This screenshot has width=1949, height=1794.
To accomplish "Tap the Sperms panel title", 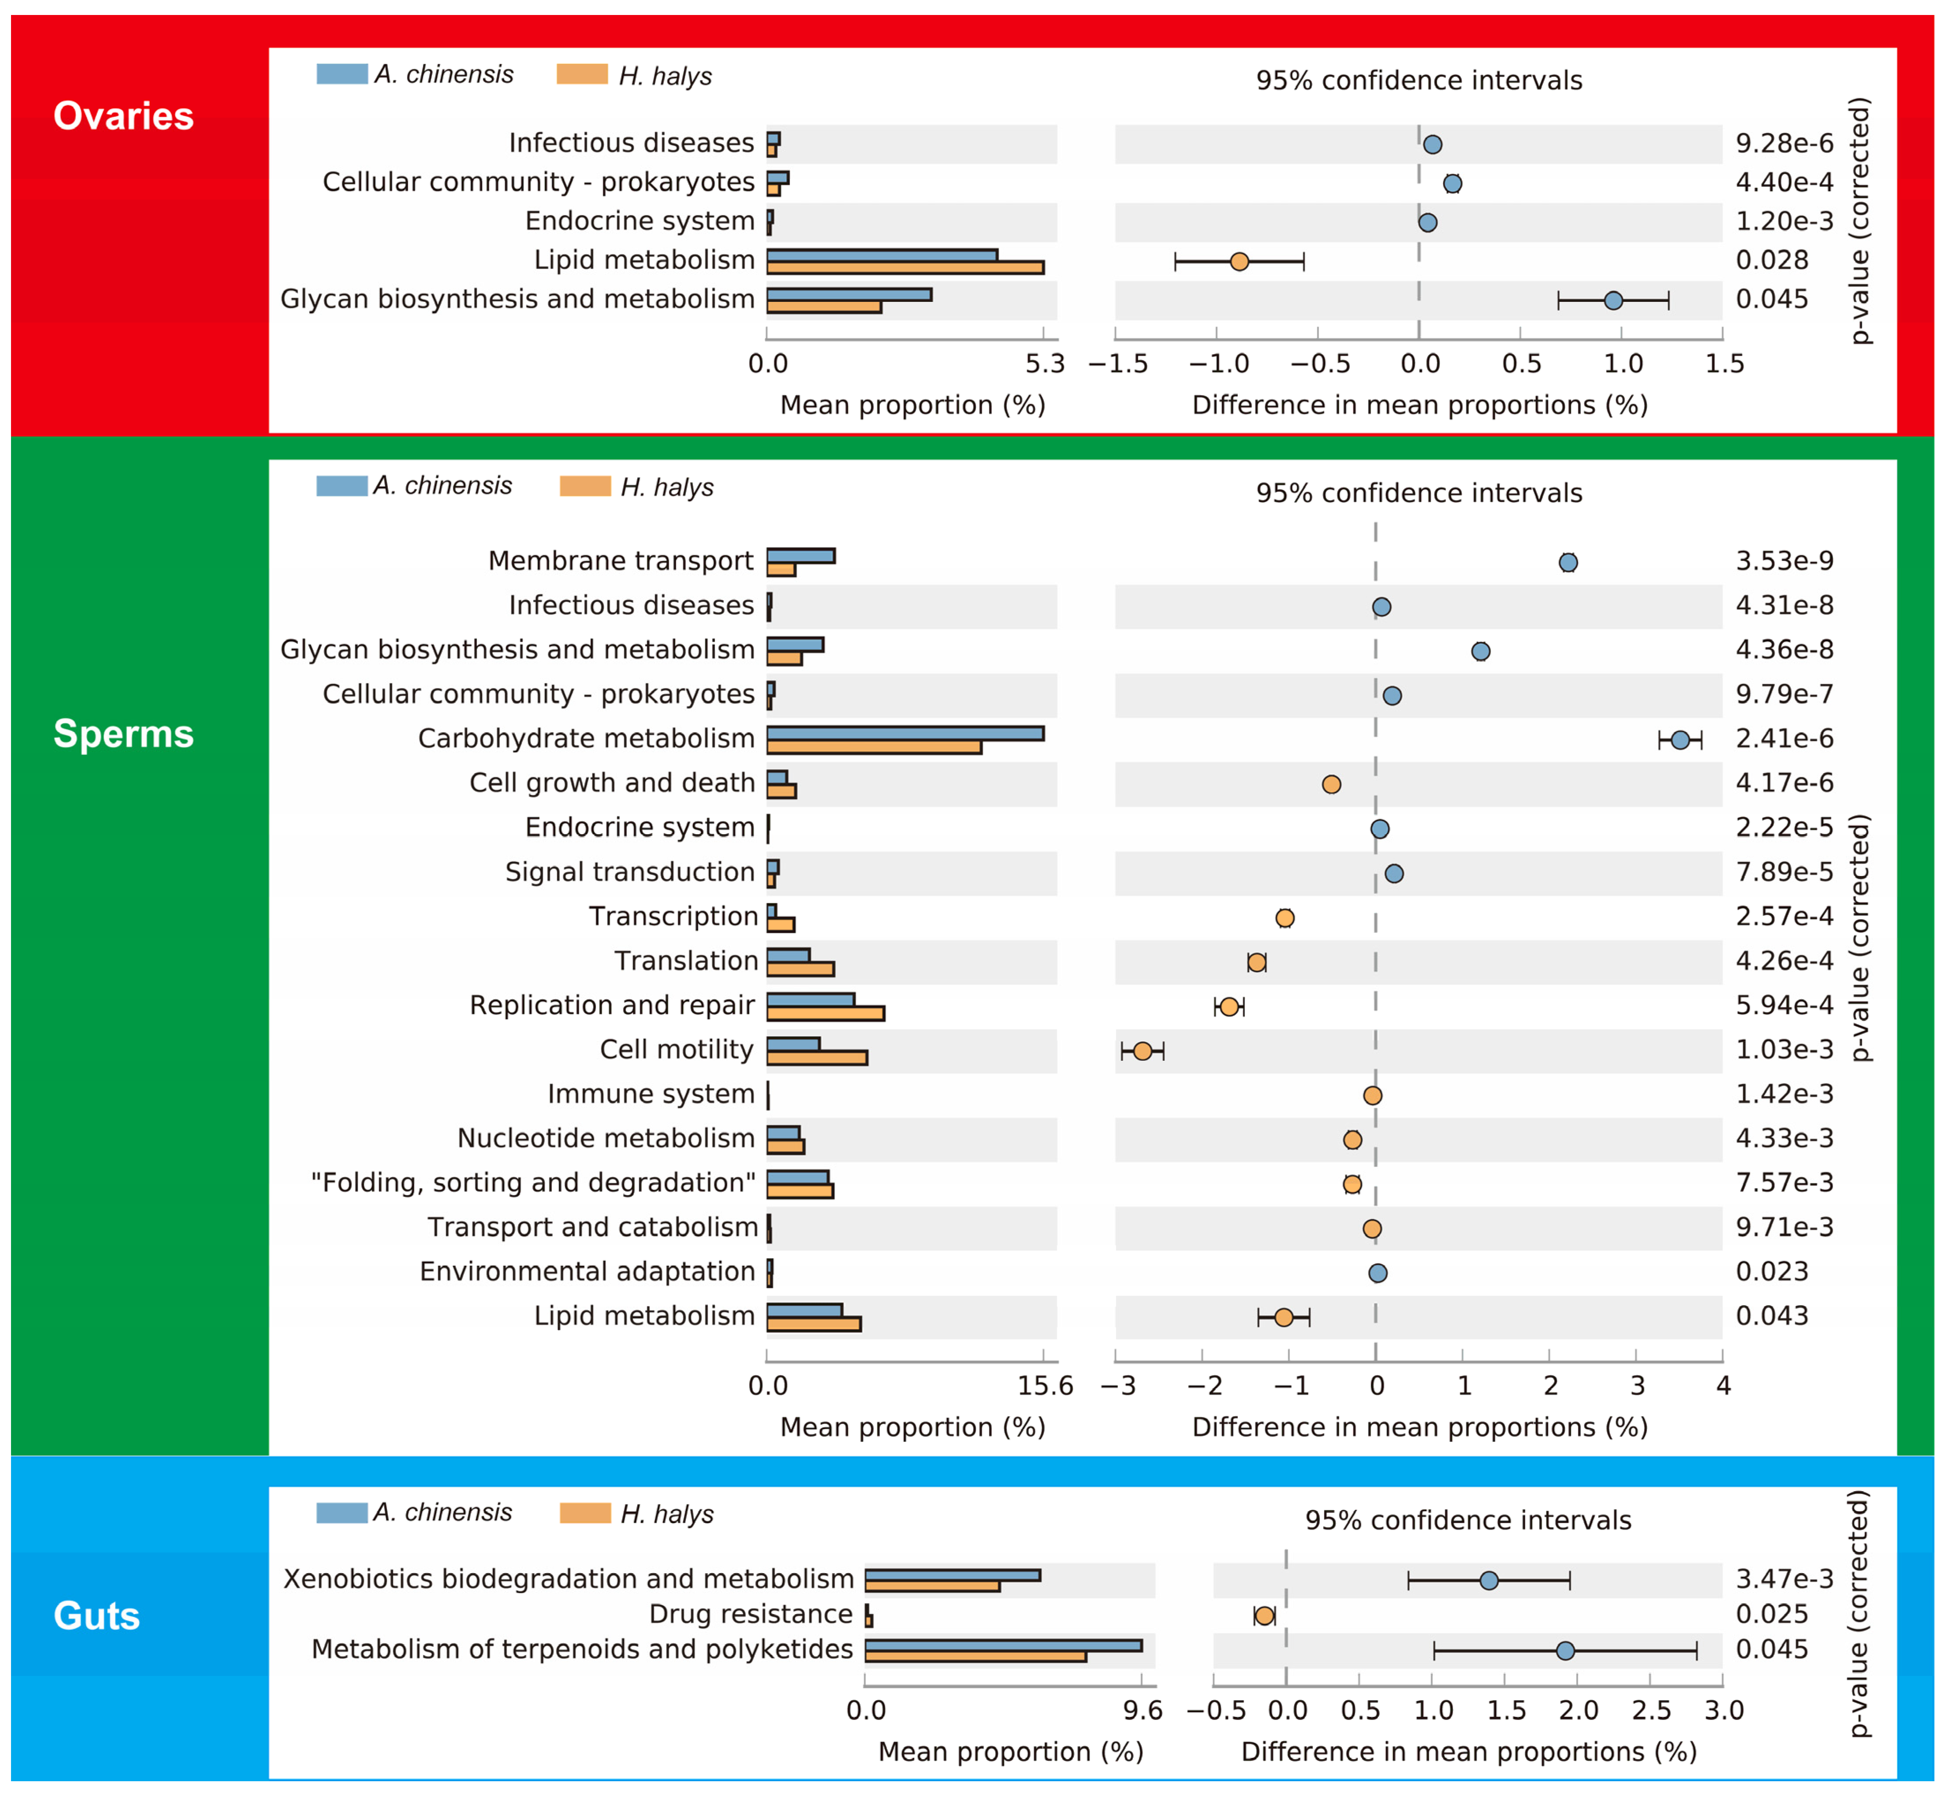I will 123,734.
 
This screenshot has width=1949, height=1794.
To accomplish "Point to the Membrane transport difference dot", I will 1569,562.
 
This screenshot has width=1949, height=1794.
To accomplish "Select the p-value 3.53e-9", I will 1785,561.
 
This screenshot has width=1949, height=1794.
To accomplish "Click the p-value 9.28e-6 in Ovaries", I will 1785,144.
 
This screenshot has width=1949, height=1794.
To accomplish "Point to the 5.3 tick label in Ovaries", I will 1045,364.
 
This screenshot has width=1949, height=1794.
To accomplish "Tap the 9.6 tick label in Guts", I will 1143,1711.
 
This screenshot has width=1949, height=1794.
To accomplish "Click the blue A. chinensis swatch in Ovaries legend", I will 342,74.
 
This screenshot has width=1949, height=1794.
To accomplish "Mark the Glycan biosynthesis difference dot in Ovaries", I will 1613,301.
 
